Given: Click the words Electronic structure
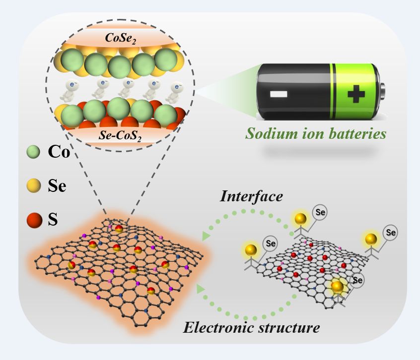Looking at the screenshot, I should [251, 327].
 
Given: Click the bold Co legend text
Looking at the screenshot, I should [59, 153].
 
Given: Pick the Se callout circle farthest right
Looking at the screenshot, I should [391, 231].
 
